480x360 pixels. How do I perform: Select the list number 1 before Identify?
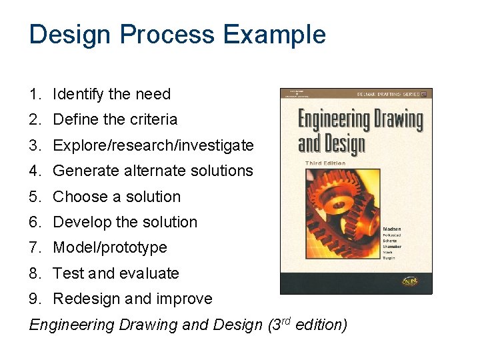(x=33, y=95)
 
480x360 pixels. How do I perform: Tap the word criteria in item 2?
(x=153, y=120)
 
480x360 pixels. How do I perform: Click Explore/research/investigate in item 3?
(x=153, y=145)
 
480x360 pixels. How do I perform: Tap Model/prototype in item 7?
(x=110, y=247)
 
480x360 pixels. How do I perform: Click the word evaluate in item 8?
(x=149, y=273)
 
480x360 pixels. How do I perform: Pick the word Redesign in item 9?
(x=84, y=299)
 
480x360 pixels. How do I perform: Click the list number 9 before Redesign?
(x=33, y=299)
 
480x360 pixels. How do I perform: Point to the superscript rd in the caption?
(x=285, y=321)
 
